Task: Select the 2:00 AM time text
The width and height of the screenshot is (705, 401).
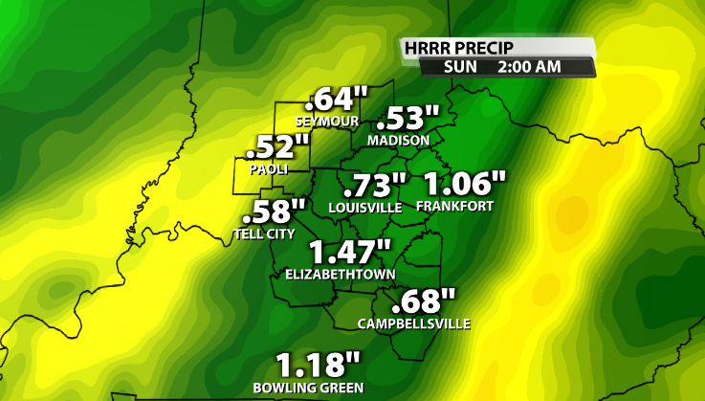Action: click(x=529, y=67)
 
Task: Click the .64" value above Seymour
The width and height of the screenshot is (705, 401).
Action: click(x=337, y=100)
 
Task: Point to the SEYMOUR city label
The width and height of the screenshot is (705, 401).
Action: click(x=326, y=122)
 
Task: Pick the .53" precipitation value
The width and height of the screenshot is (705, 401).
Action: click(x=408, y=120)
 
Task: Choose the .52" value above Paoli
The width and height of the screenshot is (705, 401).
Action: click(x=278, y=148)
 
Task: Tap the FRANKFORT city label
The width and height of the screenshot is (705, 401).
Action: click(x=453, y=207)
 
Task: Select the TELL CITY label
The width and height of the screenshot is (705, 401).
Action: click(x=264, y=233)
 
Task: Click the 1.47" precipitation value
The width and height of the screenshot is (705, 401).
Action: click(x=350, y=253)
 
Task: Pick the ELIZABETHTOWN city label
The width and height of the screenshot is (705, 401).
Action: click(x=339, y=274)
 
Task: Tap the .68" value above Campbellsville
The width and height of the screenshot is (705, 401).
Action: click(x=424, y=301)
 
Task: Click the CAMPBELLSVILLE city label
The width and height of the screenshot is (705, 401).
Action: click(x=414, y=323)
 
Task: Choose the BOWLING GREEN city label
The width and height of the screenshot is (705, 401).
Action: click(x=308, y=388)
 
